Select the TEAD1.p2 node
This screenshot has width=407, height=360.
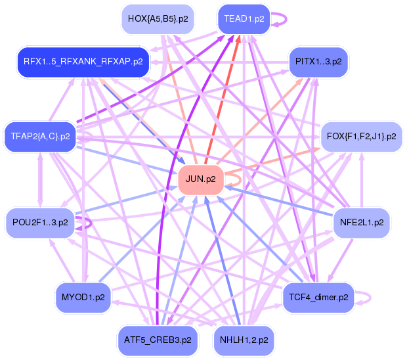tap(244, 18)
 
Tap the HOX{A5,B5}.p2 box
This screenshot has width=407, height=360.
tap(158, 18)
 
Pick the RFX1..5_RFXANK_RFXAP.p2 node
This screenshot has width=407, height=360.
tap(83, 62)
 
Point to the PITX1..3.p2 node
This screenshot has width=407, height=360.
tap(318, 62)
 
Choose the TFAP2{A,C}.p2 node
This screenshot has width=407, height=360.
tap(40, 137)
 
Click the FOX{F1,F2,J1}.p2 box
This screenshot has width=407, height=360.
tap(361, 137)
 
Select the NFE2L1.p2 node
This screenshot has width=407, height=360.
tap(361, 223)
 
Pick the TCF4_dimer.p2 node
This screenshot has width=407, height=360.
tap(318, 298)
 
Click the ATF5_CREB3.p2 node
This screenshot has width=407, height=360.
tap(158, 340)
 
